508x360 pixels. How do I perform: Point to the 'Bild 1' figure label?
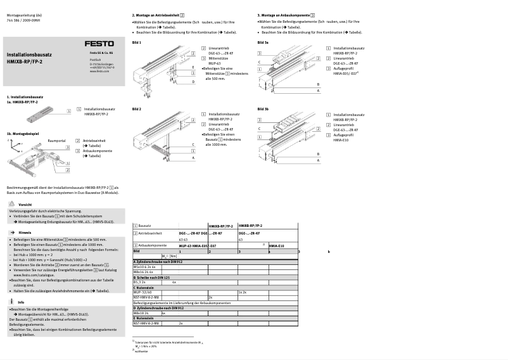[136, 42]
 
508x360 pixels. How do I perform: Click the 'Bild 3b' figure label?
[263, 109]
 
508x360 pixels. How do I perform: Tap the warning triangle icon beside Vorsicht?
[13, 204]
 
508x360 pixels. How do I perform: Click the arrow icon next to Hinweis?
[13, 233]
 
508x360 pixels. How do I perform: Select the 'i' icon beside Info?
[13, 301]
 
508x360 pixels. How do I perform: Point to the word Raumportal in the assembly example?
[57, 141]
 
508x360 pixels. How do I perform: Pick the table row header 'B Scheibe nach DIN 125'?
[152, 278]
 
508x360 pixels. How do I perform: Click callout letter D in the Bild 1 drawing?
[193, 82]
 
